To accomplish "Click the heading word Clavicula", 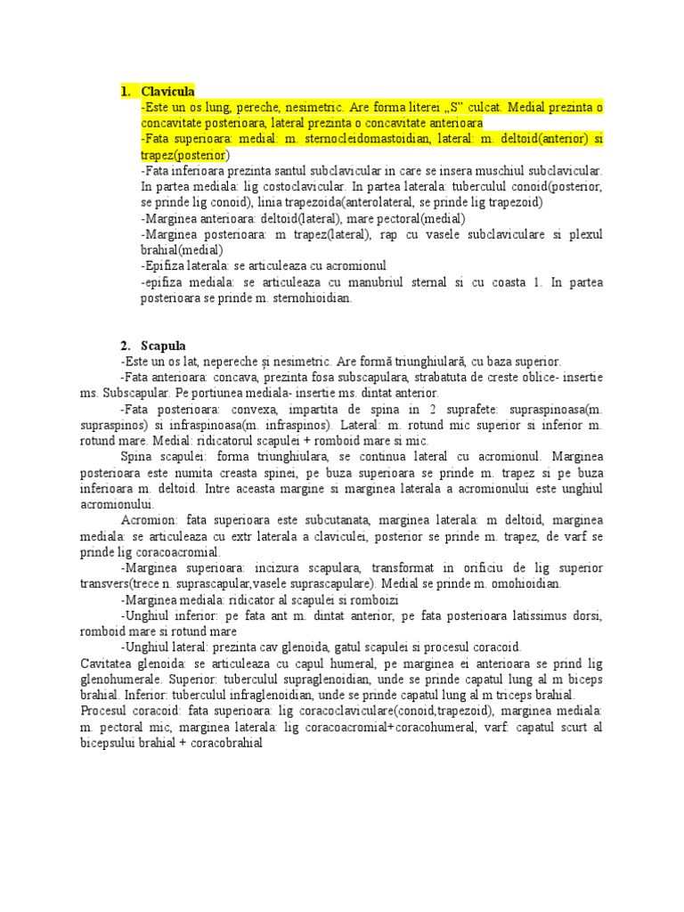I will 167,92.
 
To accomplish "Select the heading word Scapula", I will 163,346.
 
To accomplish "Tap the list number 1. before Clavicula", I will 126,92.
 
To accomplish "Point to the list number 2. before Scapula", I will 126,346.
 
